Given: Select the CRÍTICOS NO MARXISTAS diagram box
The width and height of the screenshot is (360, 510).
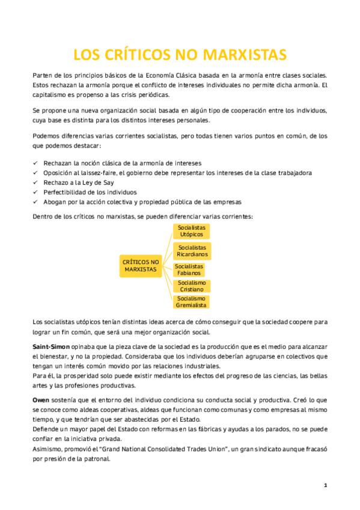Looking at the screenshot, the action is pos(141,266).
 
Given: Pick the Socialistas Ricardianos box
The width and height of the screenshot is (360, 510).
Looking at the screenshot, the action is pos(192,251).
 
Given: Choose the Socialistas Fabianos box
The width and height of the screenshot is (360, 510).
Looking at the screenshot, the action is pos(189,269).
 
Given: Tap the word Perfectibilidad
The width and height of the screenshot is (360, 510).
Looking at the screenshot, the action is pos(66,192).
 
